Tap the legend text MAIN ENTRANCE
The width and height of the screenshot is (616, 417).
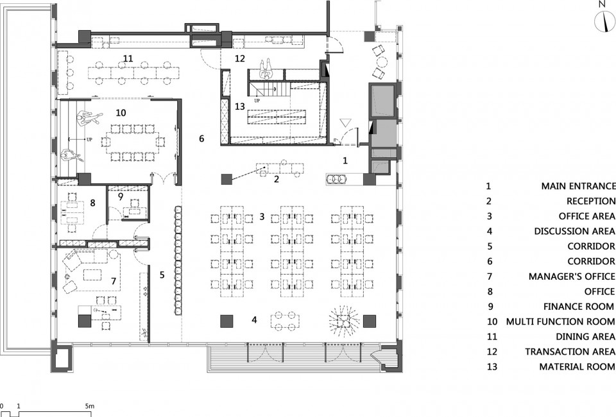578,186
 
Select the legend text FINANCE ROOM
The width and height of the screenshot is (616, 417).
578,306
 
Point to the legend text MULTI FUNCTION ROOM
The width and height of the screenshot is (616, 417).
560,321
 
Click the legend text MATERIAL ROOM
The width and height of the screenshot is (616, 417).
577,366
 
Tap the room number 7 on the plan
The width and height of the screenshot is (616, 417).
114,281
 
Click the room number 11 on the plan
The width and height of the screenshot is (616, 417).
128,59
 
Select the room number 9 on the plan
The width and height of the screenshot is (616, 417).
121,196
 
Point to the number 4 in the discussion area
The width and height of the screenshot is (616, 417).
254,320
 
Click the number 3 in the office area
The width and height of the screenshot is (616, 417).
262,216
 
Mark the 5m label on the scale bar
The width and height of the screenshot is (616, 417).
90,406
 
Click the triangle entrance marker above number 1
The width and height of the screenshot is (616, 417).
345,123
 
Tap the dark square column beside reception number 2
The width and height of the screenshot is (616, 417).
227,179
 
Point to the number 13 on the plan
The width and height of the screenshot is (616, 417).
239,106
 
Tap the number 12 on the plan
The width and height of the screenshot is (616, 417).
239,58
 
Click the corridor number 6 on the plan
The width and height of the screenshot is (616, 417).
201,138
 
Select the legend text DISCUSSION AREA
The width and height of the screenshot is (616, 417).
574,231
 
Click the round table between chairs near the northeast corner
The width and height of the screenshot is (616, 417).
381,62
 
